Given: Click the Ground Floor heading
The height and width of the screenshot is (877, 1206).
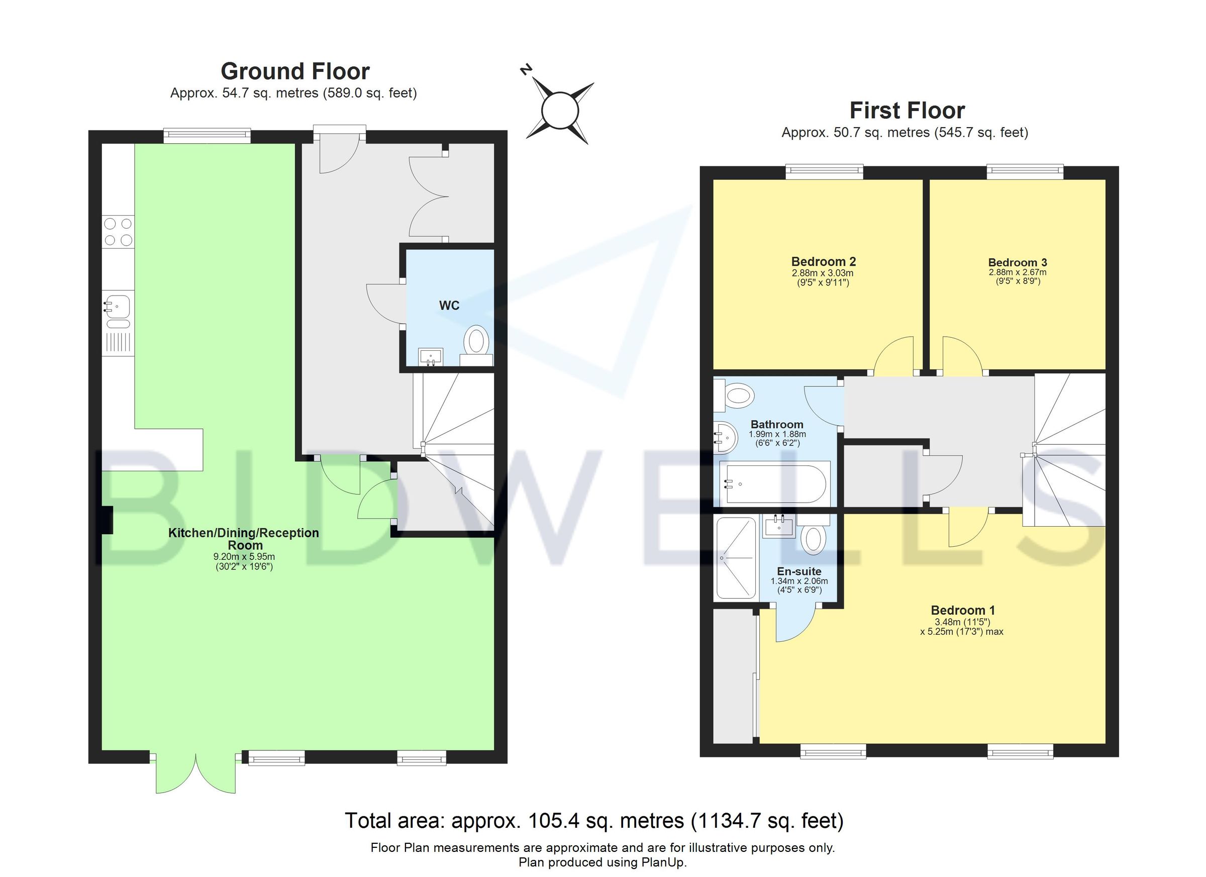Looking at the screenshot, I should [295, 71].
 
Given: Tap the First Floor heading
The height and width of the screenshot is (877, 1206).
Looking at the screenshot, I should [907, 111].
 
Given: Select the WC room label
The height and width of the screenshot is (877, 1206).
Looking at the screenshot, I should [449, 305].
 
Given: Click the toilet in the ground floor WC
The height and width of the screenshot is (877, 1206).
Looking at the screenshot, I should [476, 341].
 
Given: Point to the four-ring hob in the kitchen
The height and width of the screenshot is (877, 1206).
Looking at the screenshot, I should [118, 232].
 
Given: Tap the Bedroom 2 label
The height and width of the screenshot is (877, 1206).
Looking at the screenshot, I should [823, 262].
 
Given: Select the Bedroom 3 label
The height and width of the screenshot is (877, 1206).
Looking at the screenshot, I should [1017, 262].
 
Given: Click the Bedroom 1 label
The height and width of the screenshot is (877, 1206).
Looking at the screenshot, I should [962, 610].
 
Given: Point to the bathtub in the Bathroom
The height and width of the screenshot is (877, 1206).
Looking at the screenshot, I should [774, 483].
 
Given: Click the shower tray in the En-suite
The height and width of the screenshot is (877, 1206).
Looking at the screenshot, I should [736, 558].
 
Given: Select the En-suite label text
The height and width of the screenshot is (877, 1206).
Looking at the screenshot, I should [798, 571].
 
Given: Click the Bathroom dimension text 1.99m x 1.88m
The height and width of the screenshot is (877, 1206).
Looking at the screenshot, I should [777, 434].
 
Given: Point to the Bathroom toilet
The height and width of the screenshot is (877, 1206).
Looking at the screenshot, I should [738, 395].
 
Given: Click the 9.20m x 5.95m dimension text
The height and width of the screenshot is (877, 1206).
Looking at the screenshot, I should [244, 557].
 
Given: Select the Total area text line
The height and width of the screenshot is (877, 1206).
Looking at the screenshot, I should [594, 821].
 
